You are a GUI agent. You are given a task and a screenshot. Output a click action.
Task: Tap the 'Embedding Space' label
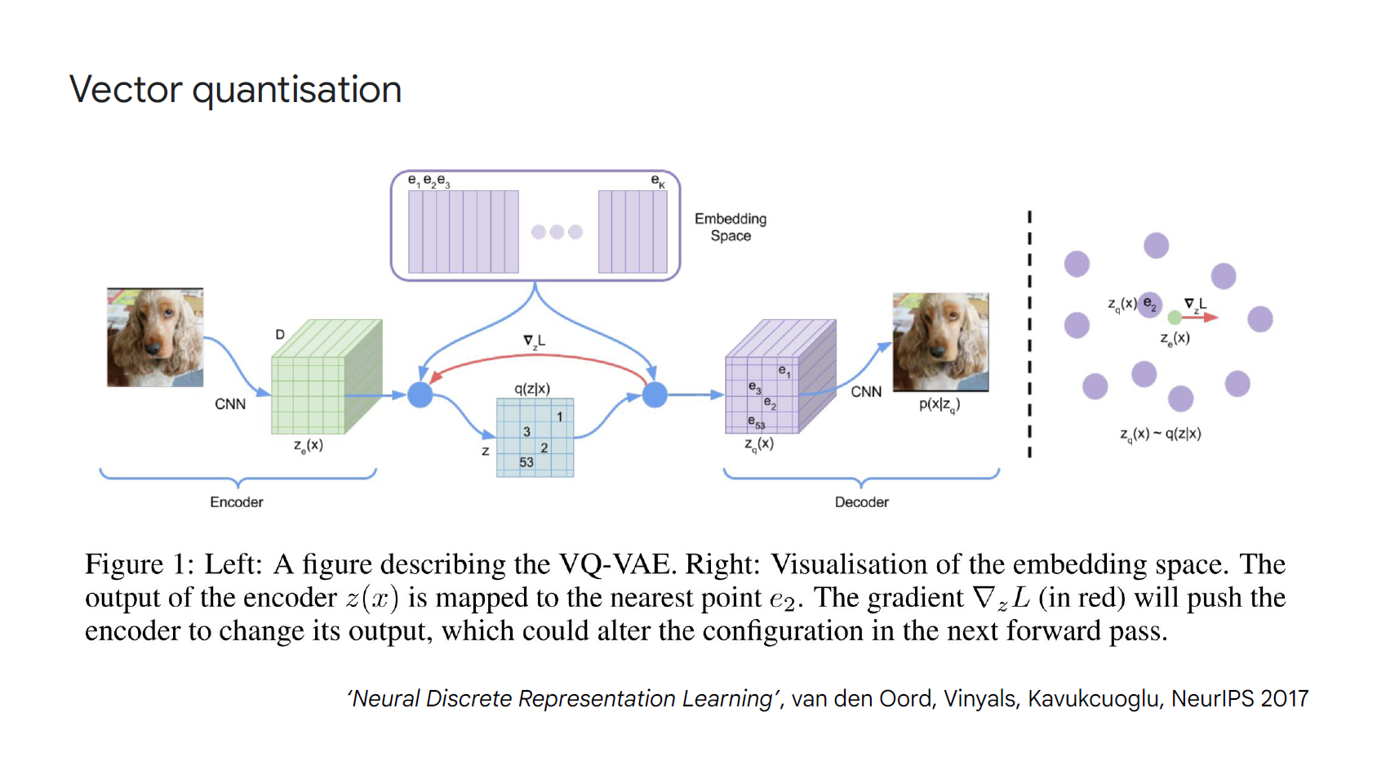point(731,227)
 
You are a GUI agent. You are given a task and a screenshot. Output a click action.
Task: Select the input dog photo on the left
point(155,337)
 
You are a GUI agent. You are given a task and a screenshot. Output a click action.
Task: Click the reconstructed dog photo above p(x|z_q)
point(940,342)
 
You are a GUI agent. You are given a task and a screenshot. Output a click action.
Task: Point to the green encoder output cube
point(326,376)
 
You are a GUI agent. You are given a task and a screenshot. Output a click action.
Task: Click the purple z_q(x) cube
point(780,376)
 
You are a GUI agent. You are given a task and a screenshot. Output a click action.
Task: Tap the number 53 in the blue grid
point(526,462)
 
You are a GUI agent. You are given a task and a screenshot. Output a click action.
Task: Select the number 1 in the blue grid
point(559,417)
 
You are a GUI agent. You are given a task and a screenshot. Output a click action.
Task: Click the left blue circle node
point(420,395)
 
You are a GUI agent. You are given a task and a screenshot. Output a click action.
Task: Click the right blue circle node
point(655,395)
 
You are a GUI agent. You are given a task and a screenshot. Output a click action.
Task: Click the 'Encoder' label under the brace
point(237,502)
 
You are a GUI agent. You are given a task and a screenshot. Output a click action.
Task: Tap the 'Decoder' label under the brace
point(861,502)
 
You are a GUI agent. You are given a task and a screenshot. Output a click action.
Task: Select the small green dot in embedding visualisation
point(1174,318)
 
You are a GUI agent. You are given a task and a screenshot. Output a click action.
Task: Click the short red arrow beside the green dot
point(1200,318)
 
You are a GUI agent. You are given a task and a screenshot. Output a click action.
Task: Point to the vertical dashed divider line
point(1029,334)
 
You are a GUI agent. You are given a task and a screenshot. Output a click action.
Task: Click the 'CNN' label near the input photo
point(230,404)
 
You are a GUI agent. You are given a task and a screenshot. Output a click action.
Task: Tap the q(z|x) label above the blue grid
point(532,389)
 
